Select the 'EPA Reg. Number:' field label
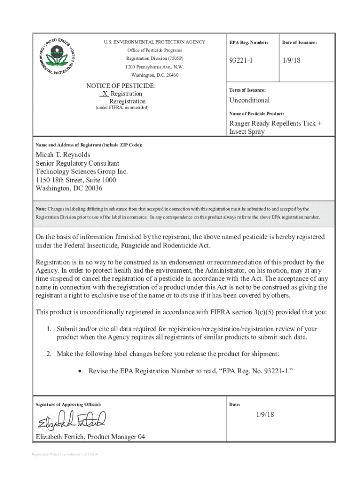(249, 43)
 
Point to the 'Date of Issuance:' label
(299, 43)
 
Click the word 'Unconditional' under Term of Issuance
(249, 100)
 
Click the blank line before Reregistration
(104, 102)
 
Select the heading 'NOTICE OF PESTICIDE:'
(121, 86)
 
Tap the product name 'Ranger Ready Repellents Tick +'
(275, 123)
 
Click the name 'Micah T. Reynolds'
(63, 155)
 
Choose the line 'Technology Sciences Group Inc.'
(82, 172)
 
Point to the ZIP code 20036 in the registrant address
(92, 189)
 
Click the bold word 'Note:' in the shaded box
(41, 209)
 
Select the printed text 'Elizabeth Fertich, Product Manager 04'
(90, 437)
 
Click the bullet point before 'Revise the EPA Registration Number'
(80, 371)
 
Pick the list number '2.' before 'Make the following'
(49, 354)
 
